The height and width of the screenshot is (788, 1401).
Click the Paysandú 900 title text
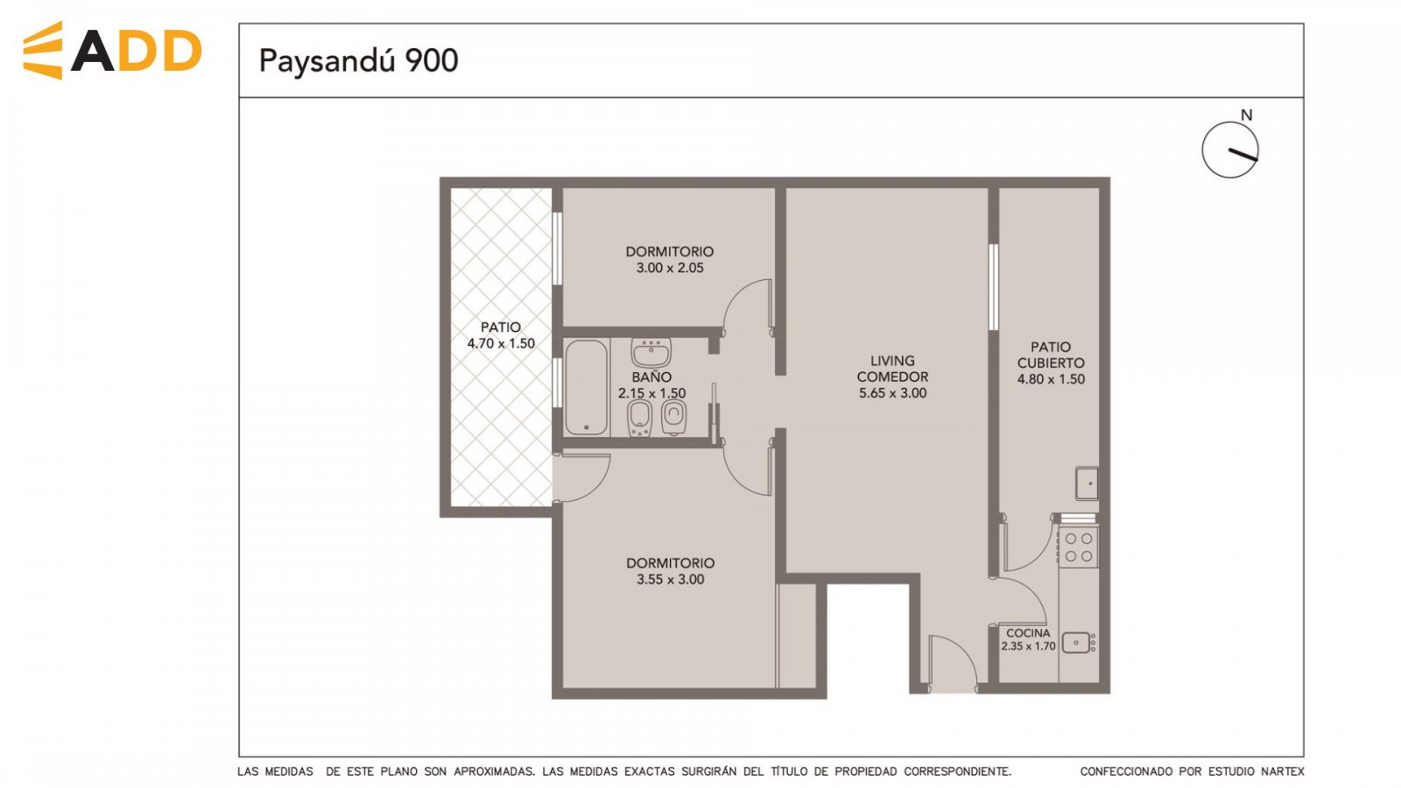pyautogui.click(x=358, y=61)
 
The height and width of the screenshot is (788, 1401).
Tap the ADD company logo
pyautogui.click(x=113, y=51)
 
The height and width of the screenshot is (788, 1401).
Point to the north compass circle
pyautogui.click(x=1229, y=150)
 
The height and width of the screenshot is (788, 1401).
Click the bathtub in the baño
pyautogui.click(x=586, y=387)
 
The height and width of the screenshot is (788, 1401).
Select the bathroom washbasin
pyautogui.click(x=651, y=353)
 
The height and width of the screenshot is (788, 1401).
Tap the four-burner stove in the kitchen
pyautogui.click(x=1078, y=546)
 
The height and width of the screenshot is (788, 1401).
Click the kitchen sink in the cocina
pyautogui.click(x=1078, y=643)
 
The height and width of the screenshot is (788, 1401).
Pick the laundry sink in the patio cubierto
pyautogui.click(x=1087, y=483)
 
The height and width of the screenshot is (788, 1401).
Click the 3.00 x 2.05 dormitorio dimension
pyautogui.click(x=670, y=268)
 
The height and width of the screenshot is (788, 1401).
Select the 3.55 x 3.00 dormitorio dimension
pyautogui.click(x=671, y=580)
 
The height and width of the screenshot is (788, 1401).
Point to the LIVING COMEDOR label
pyautogui.click(x=892, y=369)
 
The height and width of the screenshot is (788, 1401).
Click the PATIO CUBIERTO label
pyautogui.click(x=1051, y=355)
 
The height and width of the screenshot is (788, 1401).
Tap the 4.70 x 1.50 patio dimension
pyautogui.click(x=501, y=343)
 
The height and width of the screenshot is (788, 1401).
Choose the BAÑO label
pyautogui.click(x=651, y=377)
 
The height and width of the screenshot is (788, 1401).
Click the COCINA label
pyautogui.click(x=1028, y=633)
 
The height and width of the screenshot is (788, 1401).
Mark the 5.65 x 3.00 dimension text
pyautogui.click(x=892, y=393)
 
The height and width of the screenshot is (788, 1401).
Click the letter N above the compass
pyautogui.click(x=1247, y=115)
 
